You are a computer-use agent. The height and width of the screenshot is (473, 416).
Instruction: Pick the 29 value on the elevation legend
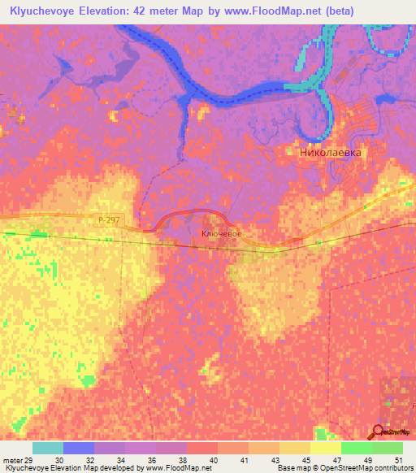30,460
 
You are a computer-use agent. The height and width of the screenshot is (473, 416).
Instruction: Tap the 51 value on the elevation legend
396,460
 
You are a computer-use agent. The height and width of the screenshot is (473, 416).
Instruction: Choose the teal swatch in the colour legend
48,448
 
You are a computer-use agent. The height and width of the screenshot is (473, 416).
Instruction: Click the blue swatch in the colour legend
79,448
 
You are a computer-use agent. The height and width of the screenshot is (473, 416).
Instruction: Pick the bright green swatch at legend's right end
388,448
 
